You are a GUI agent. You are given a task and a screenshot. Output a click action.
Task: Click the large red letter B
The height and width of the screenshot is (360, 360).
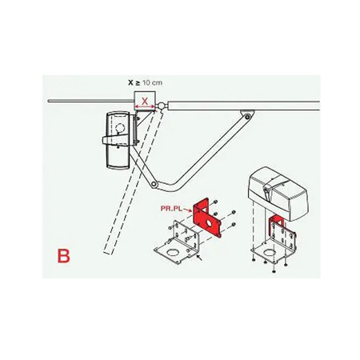[64, 256]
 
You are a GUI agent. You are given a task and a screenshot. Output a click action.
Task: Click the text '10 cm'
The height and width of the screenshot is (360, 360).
[152, 82]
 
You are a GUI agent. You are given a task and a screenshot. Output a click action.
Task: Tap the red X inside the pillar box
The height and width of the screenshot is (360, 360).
[144, 101]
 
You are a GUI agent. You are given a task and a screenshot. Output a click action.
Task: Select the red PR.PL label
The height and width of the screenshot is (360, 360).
[171, 208]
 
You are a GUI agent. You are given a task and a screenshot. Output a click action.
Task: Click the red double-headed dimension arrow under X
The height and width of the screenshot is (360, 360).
[144, 106]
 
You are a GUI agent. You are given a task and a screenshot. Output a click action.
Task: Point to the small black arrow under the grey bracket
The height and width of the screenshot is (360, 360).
[199, 258]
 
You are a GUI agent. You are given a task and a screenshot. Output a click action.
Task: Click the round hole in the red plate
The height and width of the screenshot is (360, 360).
[211, 223]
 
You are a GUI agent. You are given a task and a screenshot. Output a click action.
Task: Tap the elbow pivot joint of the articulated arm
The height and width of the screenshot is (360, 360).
[154, 184]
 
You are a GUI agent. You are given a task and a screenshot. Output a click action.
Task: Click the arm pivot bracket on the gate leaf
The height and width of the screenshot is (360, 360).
[247, 115]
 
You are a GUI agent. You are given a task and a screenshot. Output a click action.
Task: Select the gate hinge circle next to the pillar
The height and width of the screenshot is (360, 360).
[161, 106]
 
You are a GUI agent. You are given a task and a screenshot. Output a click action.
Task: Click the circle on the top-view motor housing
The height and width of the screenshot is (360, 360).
[120, 128]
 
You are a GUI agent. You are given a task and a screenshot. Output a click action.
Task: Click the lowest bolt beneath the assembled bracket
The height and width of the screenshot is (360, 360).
[274, 271]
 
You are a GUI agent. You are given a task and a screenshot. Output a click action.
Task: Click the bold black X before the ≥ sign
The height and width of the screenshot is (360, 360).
[130, 82]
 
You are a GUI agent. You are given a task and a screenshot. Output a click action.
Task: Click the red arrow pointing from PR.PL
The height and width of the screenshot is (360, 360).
[187, 210]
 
